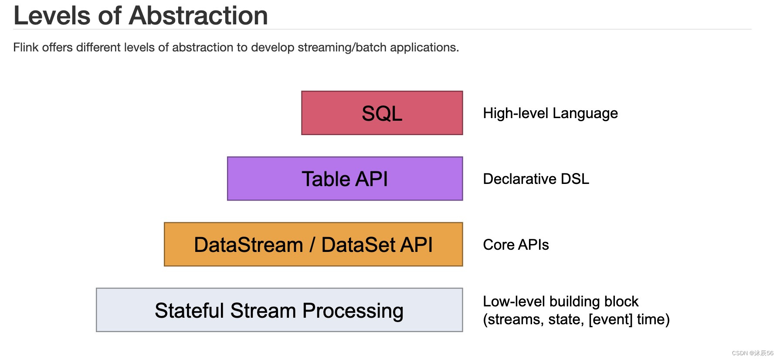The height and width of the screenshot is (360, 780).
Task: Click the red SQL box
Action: [x=382, y=113]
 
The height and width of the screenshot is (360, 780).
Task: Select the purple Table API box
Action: [x=345, y=179]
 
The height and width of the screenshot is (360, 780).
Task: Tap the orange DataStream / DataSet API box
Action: [x=313, y=245]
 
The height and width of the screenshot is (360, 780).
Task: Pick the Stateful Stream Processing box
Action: [x=279, y=310]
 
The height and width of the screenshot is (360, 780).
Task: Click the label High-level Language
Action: [x=550, y=113]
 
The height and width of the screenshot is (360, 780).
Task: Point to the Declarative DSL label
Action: [x=536, y=179]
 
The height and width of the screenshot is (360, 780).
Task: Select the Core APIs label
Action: [x=515, y=245]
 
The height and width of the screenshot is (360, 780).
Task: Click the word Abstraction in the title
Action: [x=198, y=16]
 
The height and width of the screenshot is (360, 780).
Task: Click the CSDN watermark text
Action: [x=753, y=353]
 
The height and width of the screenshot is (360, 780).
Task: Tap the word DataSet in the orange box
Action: [x=359, y=245]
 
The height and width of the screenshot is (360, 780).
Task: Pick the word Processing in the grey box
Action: [x=353, y=311]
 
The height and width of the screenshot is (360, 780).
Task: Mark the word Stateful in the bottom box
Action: [x=190, y=310]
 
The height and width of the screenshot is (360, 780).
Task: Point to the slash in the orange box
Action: [x=312, y=245]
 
